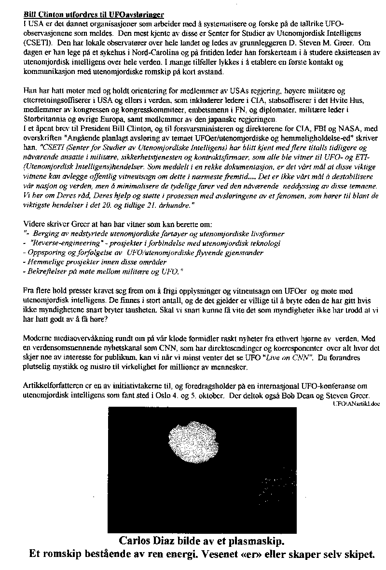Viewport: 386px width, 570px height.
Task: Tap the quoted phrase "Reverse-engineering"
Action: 57,243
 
